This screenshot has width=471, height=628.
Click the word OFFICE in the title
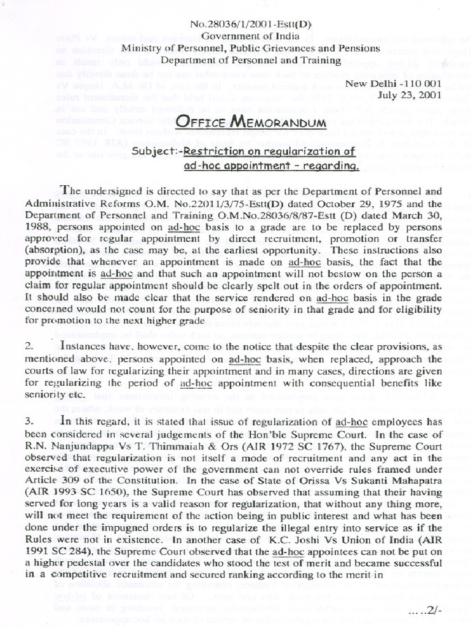pyautogui.click(x=196, y=123)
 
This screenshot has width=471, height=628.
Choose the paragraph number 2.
pyautogui.click(x=29, y=347)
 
